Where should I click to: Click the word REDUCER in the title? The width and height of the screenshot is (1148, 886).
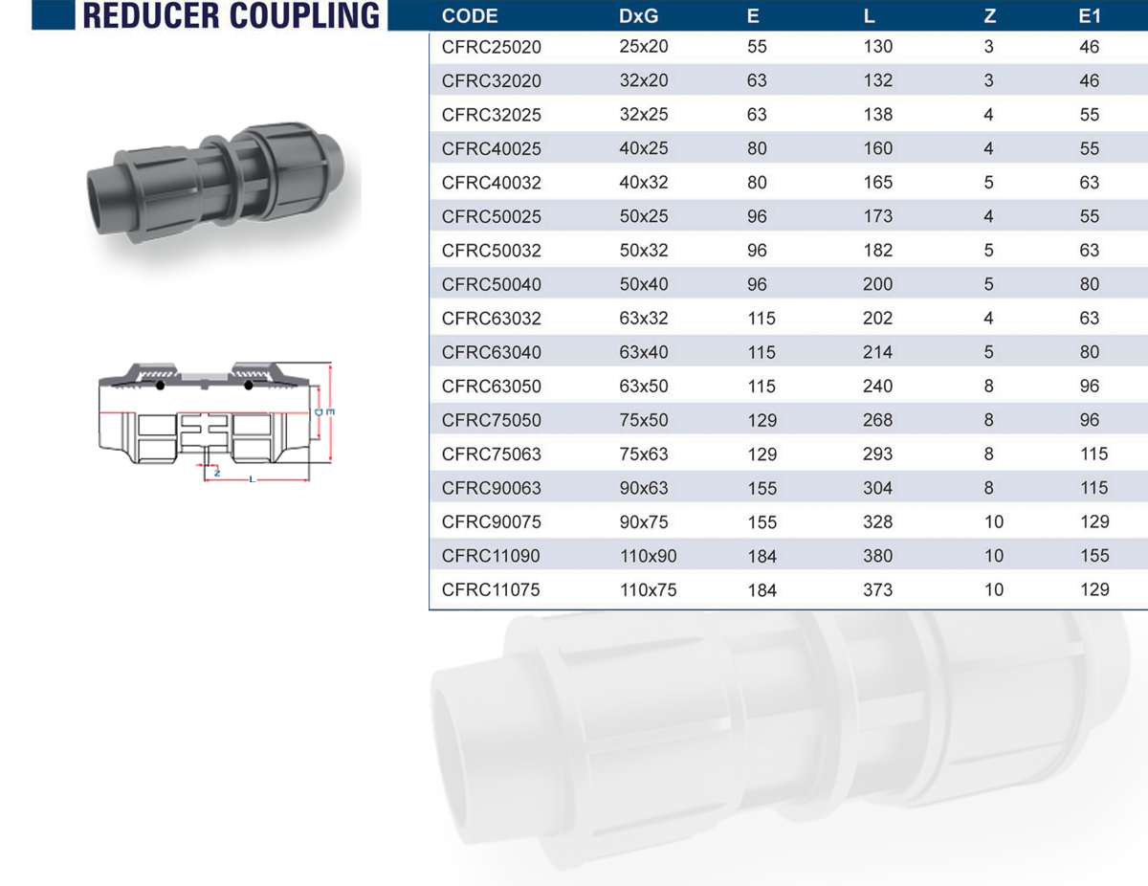pos(150,15)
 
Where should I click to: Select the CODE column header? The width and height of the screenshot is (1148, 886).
pos(470,16)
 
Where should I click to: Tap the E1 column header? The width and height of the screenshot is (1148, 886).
pos(1090,16)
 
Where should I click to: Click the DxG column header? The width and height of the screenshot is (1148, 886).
pos(639,16)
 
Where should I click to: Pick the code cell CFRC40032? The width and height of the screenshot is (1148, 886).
pos(492,183)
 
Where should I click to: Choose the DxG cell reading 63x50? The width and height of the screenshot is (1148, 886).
pos(644,387)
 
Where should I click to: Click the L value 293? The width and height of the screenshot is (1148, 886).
pos(877,454)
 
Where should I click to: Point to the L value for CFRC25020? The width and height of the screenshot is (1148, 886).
pos(877,47)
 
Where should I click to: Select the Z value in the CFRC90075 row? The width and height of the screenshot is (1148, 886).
pos(993,522)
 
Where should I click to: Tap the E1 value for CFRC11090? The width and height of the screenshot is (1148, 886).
pos(1094,556)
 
